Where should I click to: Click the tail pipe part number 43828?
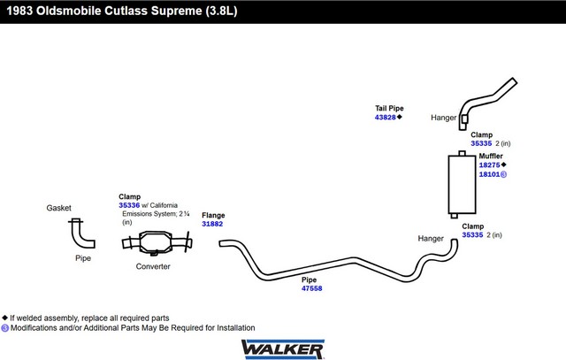tap(386, 118)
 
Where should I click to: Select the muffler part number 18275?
tap(489, 165)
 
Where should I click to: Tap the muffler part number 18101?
tap(489, 174)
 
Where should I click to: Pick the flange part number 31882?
tap(212, 224)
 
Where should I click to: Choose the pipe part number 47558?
tap(312, 288)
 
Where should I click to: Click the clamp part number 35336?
tap(129, 205)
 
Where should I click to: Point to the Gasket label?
tap(59, 208)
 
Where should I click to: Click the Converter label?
tap(153, 266)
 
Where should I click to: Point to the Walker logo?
tap(283, 349)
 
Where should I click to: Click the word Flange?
tap(213, 215)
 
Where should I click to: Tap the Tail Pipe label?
tap(389, 108)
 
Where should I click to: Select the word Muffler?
tap(491, 156)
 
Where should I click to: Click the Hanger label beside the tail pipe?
tap(444, 118)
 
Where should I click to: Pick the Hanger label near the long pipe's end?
tap(431, 239)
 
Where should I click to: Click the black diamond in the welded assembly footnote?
tap(4, 318)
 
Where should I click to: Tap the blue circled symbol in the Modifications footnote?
tap(4, 328)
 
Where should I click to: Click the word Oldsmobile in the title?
tap(69, 11)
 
